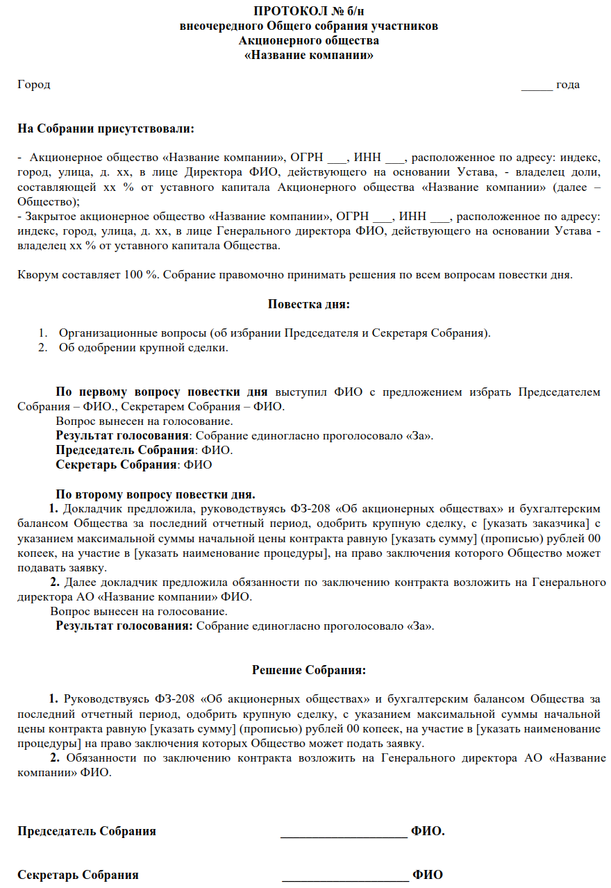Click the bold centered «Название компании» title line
[309, 56]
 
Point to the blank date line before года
[537, 85]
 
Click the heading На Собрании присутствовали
[106, 129]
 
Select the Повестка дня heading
[309, 303]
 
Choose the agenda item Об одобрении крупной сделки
[143, 347]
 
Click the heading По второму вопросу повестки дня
[156, 494]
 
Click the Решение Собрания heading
[309, 670]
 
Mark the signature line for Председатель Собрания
[344, 832]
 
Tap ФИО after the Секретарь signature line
[428, 875]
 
